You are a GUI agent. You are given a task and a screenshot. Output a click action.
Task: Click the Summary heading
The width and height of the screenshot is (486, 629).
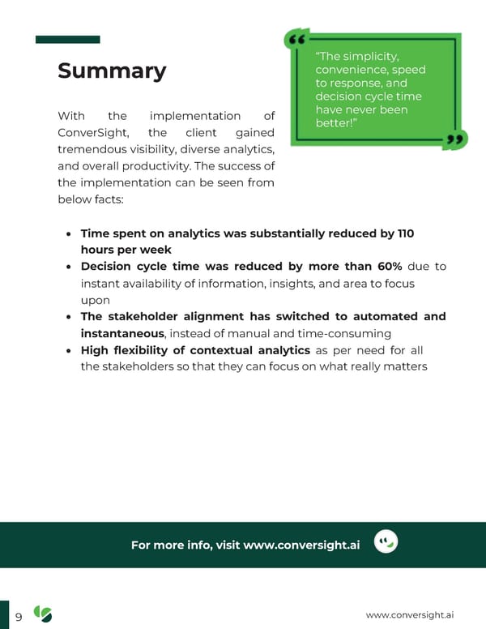click(112, 71)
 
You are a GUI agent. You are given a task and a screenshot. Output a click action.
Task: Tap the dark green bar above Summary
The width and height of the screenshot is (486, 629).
click(68, 40)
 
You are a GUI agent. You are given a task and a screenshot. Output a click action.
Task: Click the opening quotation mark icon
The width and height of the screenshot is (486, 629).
click(297, 40)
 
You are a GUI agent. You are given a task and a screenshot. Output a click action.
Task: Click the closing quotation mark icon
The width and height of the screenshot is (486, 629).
click(457, 140)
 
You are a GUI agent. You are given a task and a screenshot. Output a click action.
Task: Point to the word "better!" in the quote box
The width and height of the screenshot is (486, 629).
click(335, 123)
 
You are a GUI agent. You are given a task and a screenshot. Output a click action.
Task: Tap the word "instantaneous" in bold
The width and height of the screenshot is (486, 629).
click(122, 333)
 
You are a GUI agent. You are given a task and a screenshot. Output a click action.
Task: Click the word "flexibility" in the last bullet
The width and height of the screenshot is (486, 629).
click(147, 350)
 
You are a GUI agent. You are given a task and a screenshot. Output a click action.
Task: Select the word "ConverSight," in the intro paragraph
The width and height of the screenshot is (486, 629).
click(90, 132)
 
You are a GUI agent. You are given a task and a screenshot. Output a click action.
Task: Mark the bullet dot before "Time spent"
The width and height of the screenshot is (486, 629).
click(69, 234)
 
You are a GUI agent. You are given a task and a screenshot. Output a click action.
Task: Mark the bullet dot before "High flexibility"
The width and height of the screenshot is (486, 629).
click(69, 351)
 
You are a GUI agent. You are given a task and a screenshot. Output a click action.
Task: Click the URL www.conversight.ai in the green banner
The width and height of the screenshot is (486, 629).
click(301, 545)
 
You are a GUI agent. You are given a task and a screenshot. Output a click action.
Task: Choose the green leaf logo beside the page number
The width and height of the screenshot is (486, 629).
click(42, 614)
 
